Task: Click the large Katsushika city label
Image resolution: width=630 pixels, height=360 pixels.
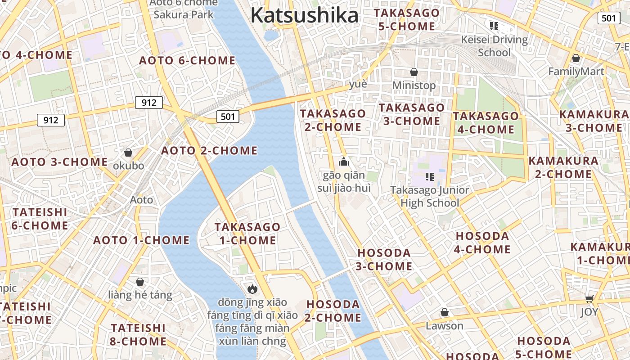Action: point(305,15)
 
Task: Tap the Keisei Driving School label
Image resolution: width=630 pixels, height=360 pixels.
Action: point(494,46)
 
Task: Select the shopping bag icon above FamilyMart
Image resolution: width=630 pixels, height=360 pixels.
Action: point(576,58)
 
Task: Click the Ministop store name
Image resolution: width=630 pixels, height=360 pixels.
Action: point(414,85)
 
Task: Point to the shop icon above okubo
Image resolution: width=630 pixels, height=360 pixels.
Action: point(128,153)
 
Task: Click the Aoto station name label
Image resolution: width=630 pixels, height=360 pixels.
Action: point(141,199)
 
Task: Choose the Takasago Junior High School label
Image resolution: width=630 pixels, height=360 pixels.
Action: point(429,196)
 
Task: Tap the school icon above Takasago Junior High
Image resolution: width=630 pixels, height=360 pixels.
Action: point(430,177)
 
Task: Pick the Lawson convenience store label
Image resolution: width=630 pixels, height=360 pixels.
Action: point(445,325)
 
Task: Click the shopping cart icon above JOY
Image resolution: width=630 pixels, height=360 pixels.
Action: point(589,299)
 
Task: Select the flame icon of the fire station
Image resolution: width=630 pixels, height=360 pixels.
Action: point(252,289)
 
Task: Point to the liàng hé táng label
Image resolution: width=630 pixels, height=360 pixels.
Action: point(140,295)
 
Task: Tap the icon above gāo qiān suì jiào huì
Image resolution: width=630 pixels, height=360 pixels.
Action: point(344,162)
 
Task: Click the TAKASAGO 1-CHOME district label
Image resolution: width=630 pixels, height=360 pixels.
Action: point(247,233)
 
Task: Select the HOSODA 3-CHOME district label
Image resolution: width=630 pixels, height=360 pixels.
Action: point(384,259)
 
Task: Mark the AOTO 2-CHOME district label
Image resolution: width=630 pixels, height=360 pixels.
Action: point(209,150)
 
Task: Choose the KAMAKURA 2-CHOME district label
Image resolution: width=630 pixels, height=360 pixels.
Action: point(563,167)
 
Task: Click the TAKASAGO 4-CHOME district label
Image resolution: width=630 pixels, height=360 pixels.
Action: point(486,122)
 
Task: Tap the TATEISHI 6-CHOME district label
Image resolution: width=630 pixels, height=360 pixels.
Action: point(40,218)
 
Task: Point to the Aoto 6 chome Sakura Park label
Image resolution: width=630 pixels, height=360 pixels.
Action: point(184,9)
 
